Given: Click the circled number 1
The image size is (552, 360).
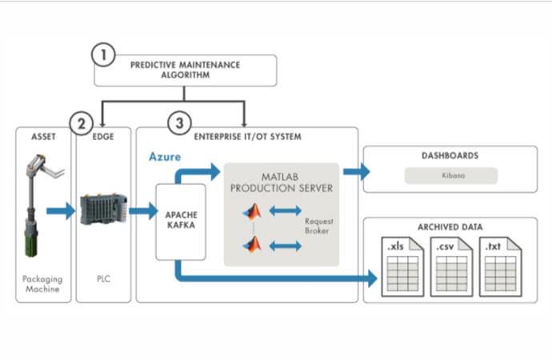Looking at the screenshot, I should click(102, 54).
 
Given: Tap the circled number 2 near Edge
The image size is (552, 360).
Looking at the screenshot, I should click(81, 123).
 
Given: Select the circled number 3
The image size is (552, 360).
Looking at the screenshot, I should click(180, 123).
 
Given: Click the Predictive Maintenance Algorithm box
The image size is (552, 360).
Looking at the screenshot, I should click(186, 70).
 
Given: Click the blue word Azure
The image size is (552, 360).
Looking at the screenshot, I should click(166, 157).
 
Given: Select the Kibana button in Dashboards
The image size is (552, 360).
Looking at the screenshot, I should click(450, 175).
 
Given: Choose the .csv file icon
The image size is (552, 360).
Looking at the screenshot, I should click(450, 266).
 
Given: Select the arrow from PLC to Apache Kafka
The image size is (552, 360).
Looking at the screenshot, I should click(143, 211).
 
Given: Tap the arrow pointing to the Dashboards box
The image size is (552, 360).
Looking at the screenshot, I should click(355, 170).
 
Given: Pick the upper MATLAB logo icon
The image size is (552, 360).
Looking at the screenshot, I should click(254, 211).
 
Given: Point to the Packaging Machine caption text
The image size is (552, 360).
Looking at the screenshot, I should click(42, 284).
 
